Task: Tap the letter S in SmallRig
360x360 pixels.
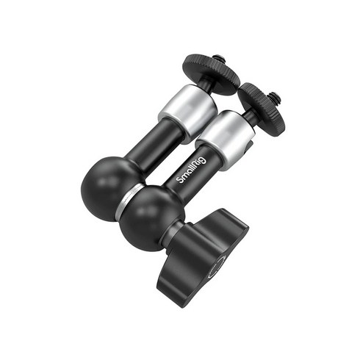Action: tap(180, 180)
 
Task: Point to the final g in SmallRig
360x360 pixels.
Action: tap(204, 160)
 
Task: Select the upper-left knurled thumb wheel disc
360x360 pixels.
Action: tap(212, 73)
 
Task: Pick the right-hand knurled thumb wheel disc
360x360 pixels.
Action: tap(262, 107)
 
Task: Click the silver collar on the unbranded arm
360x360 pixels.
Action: tap(188, 114)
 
